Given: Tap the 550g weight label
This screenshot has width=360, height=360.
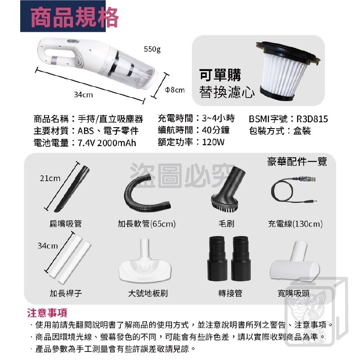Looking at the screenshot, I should point(152,49).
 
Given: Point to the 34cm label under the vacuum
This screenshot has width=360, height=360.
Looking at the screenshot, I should point(84,95).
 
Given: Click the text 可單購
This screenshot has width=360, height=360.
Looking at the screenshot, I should point(220,75).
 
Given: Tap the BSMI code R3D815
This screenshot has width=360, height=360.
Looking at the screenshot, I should point(312,119).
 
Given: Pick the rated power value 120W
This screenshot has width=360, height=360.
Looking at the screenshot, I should point(213,142).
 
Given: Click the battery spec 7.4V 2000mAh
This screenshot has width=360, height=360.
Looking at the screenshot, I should point(107,143).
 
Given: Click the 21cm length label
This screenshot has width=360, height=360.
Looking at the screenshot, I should point(50,178).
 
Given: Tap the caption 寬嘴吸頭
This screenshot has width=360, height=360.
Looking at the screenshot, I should point(293,293).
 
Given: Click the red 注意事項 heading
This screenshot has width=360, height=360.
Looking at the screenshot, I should point(47,313).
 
